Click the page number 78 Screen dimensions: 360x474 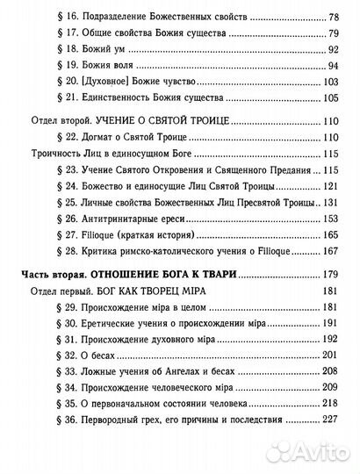(335, 17)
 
